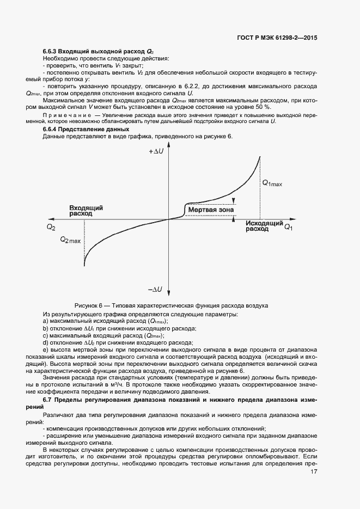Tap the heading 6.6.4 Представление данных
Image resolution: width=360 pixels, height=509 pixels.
[86, 129]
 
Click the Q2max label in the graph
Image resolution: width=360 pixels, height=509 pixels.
[71, 240]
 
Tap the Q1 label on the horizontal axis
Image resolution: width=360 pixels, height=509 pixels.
[288, 227]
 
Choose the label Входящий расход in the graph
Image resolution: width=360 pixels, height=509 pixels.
[86, 211]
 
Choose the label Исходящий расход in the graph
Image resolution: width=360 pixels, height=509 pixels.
[264, 226]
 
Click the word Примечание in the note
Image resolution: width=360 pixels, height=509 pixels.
[67, 115]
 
